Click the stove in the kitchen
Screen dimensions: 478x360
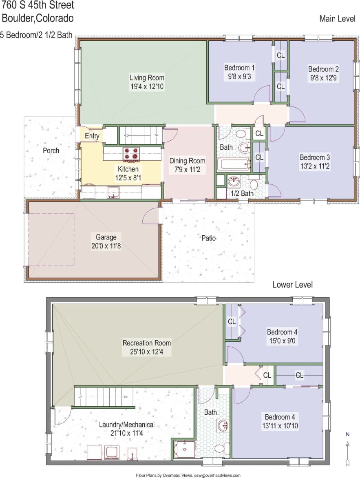(x=131, y=155)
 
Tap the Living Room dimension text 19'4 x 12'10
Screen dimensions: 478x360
(x=147, y=86)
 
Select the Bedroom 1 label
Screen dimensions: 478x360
(x=240, y=68)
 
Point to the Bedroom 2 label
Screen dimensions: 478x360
(x=323, y=69)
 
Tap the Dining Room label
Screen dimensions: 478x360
(x=188, y=161)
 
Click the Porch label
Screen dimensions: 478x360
(x=51, y=150)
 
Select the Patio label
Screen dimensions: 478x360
(x=208, y=238)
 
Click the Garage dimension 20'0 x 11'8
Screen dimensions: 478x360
(x=106, y=246)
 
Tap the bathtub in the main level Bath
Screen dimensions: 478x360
(x=234, y=164)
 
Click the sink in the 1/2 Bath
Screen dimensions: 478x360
(x=234, y=181)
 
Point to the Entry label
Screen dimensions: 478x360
(x=92, y=136)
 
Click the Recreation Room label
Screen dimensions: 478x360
(x=147, y=343)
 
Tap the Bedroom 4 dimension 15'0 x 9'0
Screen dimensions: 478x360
(x=280, y=341)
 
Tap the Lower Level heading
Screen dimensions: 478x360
(x=292, y=285)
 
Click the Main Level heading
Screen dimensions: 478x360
(x=338, y=19)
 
